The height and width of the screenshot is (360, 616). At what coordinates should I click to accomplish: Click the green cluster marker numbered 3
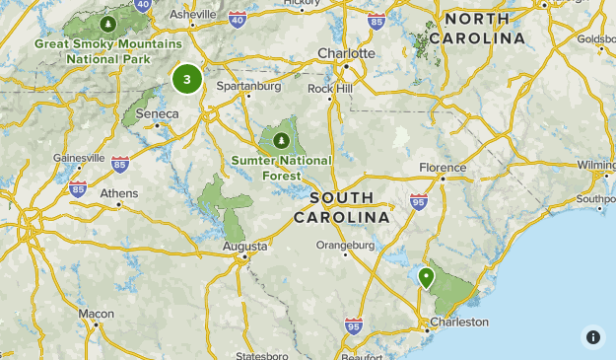coord(186,79)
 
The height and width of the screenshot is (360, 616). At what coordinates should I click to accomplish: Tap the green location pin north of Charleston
coord(426,277)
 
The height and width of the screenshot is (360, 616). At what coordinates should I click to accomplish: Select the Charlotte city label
coord(346,53)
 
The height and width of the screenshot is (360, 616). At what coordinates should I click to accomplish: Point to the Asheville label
coord(192,15)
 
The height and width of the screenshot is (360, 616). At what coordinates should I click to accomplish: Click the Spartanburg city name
coord(249,86)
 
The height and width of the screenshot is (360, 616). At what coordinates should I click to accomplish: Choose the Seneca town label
coord(158,113)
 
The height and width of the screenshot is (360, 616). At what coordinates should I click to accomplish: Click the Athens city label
coord(119,192)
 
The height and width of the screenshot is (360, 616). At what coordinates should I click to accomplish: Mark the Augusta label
coord(245,246)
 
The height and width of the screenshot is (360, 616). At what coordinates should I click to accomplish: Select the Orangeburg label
coord(345,245)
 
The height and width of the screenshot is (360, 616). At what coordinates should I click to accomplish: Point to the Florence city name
coord(441,167)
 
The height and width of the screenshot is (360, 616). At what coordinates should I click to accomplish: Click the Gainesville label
coord(79,157)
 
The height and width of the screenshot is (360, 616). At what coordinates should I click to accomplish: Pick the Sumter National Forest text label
coord(282,168)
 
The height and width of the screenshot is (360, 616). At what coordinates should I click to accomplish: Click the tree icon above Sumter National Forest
coord(283,137)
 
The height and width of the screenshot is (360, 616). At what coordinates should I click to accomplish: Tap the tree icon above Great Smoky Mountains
coord(107,23)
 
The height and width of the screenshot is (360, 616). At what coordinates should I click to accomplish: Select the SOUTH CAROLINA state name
coord(342,207)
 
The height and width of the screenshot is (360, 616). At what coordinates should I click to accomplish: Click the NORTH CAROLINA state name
coord(483,29)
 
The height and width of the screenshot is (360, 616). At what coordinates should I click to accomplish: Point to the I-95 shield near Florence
coord(418,200)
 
